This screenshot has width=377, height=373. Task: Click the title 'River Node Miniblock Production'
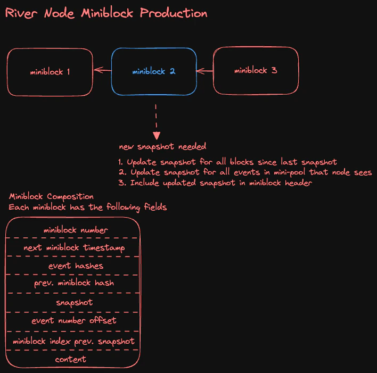(106, 13)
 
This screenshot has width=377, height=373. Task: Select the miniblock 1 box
(50, 71)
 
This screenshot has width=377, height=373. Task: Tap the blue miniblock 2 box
(154, 71)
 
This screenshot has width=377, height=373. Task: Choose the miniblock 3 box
(256, 70)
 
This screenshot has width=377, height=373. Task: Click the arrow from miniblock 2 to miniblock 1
(102, 70)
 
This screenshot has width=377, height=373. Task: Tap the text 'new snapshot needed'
(162, 146)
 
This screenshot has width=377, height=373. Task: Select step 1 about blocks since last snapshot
(227, 162)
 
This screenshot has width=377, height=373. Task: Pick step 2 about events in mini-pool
(244, 172)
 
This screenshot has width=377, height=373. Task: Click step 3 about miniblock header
(215, 183)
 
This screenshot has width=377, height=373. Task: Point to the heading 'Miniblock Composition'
(51, 197)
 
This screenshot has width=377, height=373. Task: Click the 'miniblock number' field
(76, 230)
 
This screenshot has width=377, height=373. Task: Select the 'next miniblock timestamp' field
(74, 248)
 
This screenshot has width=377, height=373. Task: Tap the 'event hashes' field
(76, 266)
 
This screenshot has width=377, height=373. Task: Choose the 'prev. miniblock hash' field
(74, 283)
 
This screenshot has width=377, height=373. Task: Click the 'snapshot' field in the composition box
(74, 302)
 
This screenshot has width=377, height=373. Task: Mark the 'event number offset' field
(74, 320)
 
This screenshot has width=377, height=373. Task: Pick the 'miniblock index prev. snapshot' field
(74, 341)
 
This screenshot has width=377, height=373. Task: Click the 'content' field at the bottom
(70, 359)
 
